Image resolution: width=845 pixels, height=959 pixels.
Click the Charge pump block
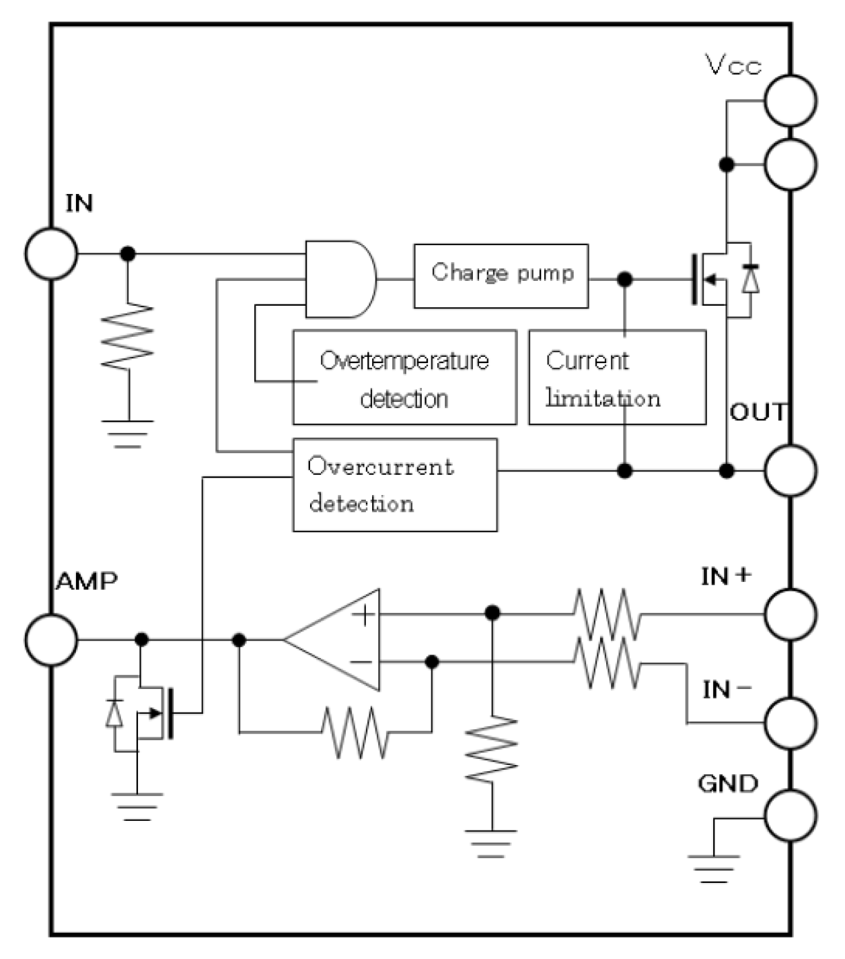pos(501,276)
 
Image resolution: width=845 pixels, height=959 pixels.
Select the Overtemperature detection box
pos(404,378)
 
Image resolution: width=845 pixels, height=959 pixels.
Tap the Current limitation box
pos(617,378)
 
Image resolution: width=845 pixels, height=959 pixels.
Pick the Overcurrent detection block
pos(395,485)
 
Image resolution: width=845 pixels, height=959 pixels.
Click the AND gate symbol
pos(340,279)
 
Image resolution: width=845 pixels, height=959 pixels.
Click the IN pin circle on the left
pos(51,254)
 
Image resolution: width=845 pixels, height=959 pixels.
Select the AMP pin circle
pos(51,640)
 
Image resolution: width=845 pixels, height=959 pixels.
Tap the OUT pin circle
pos(791,470)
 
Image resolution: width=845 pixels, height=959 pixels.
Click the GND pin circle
pos(791,816)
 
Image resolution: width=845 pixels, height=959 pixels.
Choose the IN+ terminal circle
pos(791,614)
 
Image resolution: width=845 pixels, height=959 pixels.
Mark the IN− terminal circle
pos(791,723)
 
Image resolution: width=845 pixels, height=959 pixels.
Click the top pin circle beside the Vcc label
pos(791,101)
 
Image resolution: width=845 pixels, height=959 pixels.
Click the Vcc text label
pos(733,65)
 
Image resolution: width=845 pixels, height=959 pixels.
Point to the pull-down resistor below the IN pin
pos(127,337)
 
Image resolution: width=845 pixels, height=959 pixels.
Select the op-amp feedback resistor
pos(355,732)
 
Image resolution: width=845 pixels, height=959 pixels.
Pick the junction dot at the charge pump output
pos(625,279)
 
